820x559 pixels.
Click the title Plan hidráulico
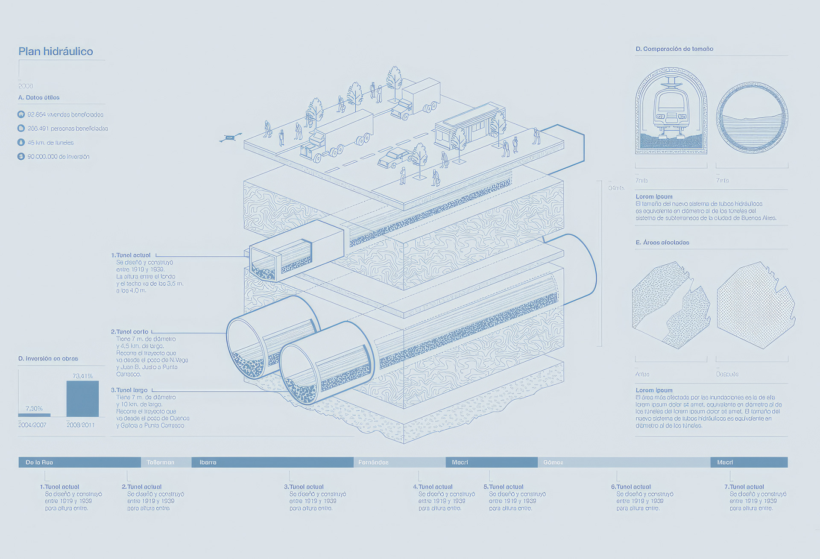click(x=56, y=52)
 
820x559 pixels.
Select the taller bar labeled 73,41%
click(x=82, y=398)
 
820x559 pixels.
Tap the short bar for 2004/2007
click(x=34, y=415)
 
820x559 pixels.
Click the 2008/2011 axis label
click(x=80, y=425)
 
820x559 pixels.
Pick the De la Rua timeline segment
click(x=79, y=462)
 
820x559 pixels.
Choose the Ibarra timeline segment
click(x=272, y=462)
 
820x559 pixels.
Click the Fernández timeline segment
click(x=399, y=462)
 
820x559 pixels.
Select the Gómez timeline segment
click(x=624, y=462)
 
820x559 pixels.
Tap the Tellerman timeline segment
click(x=166, y=462)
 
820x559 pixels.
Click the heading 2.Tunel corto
click(x=130, y=332)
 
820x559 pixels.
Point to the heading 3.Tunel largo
click(x=129, y=390)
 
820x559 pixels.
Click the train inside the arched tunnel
click(x=671, y=109)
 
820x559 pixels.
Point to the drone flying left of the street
click(x=230, y=138)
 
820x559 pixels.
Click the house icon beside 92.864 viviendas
click(x=21, y=114)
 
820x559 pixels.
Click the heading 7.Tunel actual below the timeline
click(x=744, y=487)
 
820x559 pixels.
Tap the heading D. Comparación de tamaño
click(x=674, y=49)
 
